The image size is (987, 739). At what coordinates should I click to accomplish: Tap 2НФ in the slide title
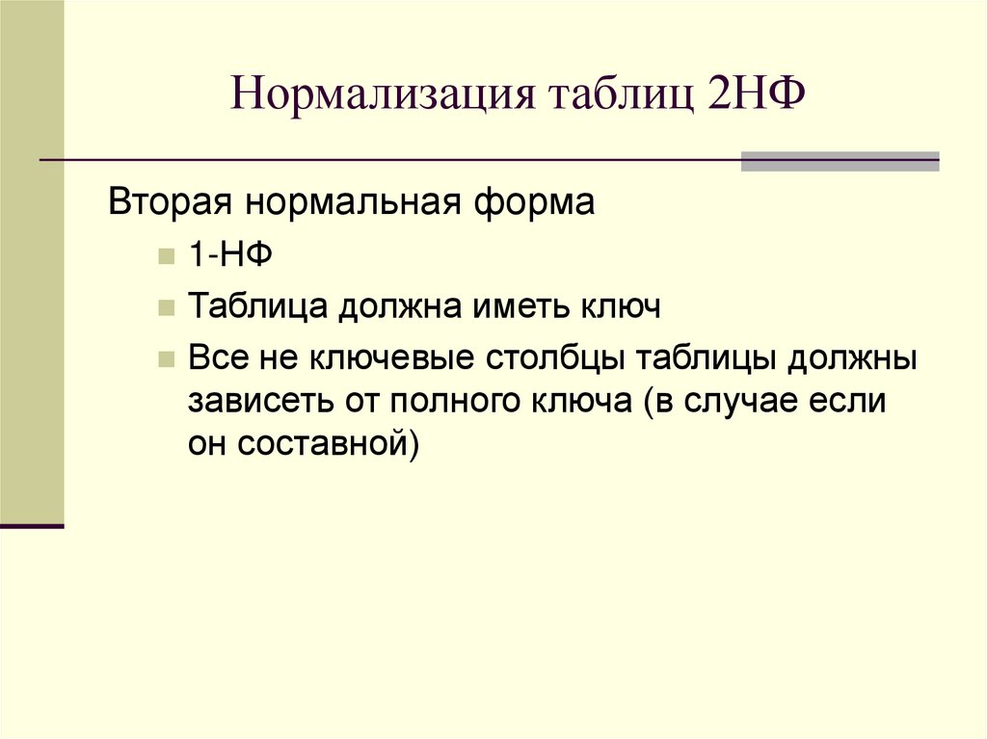pyautogui.click(x=755, y=97)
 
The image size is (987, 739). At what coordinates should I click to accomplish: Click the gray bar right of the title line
pyautogui.click(x=840, y=161)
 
